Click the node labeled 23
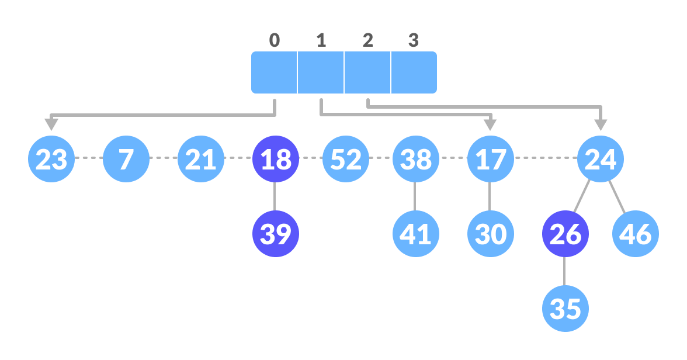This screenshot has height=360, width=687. pyautogui.click(x=51, y=159)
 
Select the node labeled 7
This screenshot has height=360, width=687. pyautogui.click(x=126, y=159)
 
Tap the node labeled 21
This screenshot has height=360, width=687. pyautogui.click(x=201, y=159)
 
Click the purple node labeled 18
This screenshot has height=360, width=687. pyautogui.click(x=275, y=159)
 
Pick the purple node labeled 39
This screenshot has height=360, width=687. pyautogui.click(x=275, y=234)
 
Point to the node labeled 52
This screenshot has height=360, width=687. pyautogui.click(x=346, y=159)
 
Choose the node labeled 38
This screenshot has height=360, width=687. pyautogui.click(x=415, y=159)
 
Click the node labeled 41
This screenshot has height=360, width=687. pyautogui.click(x=415, y=234)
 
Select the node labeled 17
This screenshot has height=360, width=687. pyautogui.click(x=490, y=159)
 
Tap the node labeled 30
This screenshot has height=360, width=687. pyautogui.click(x=490, y=234)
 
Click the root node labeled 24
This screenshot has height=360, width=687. pyautogui.click(x=601, y=159)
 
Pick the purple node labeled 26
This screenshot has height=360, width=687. pyautogui.click(x=565, y=234)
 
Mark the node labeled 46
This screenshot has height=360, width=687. pyautogui.click(x=636, y=234)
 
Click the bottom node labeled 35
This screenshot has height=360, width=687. pyautogui.click(x=565, y=309)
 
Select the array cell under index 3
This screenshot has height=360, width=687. pyautogui.click(x=414, y=72)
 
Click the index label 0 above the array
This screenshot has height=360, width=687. pyautogui.click(x=275, y=40)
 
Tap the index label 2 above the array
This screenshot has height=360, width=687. pyautogui.click(x=367, y=40)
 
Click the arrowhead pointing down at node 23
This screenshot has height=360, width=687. pyautogui.click(x=51, y=124)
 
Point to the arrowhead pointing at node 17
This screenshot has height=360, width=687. pyautogui.click(x=490, y=124)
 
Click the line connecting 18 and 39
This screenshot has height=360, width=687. pyautogui.click(x=275, y=196)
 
